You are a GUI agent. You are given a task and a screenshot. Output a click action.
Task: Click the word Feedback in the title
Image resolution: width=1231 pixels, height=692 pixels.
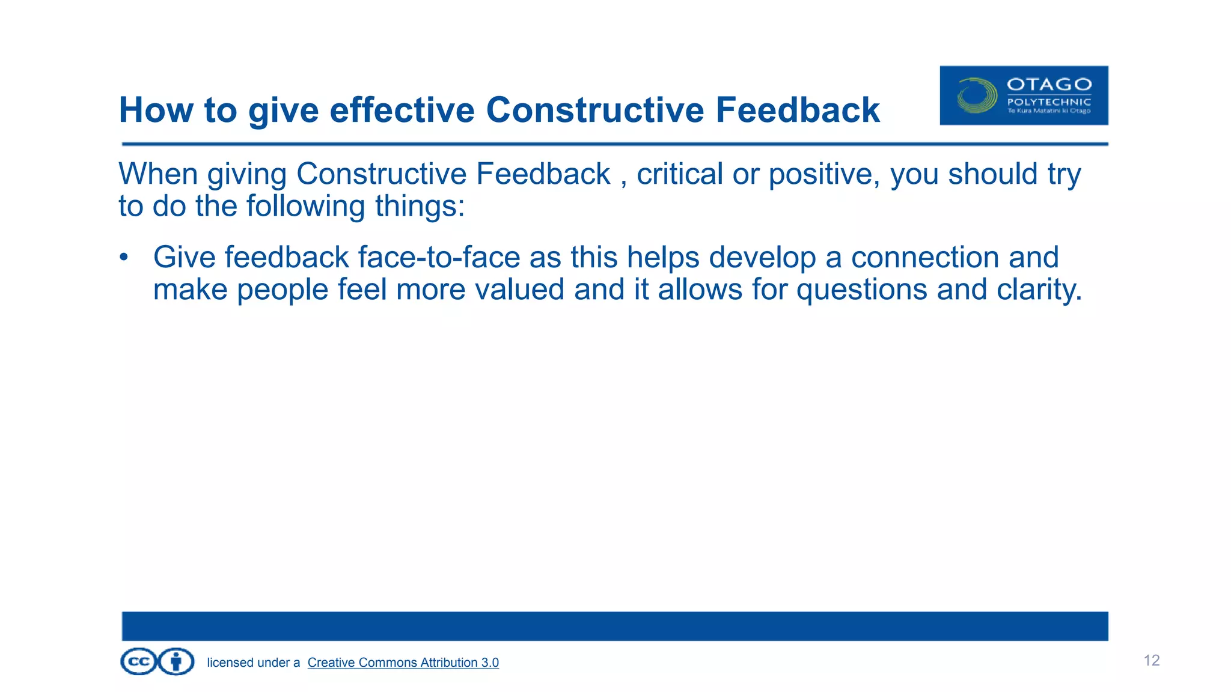tap(797, 111)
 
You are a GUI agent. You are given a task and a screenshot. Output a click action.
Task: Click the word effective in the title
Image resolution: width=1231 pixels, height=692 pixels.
tap(402, 111)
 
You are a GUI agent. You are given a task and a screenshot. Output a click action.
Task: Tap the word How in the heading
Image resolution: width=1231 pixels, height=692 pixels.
tap(156, 111)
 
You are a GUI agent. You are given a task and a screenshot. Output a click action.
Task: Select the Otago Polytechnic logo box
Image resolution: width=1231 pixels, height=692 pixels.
tap(1024, 96)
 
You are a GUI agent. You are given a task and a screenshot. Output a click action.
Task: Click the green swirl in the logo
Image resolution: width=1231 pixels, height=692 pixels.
tap(977, 96)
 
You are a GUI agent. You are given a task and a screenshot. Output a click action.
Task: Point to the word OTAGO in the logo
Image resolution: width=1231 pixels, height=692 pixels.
tap(1049, 84)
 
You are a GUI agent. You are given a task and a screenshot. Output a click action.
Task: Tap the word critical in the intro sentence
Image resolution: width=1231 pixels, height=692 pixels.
tap(679, 174)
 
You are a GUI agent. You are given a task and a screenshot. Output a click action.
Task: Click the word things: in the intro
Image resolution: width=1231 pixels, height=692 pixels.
tap(420, 206)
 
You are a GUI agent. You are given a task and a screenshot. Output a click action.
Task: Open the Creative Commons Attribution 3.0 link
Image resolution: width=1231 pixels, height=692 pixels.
tap(403, 663)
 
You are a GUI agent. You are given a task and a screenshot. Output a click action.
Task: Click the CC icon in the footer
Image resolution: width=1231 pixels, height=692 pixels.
tap(139, 662)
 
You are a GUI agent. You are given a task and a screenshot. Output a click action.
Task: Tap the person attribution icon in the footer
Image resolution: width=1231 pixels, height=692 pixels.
tap(176, 662)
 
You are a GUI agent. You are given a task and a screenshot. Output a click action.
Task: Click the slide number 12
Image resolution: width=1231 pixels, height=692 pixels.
tap(1151, 661)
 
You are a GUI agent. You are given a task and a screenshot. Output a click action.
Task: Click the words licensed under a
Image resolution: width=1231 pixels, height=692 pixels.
tap(253, 663)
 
